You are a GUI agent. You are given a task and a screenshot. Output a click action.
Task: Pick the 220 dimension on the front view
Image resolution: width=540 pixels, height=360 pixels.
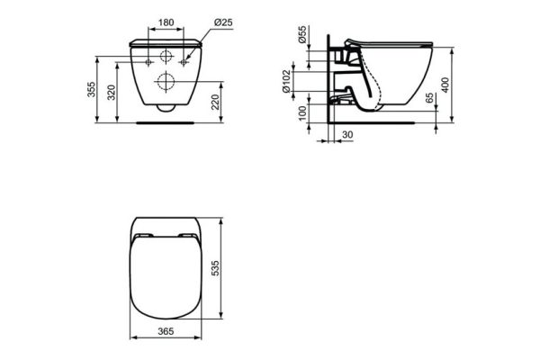[217, 102]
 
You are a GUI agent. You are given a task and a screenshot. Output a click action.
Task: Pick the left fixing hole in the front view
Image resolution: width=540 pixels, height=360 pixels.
[145, 64]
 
